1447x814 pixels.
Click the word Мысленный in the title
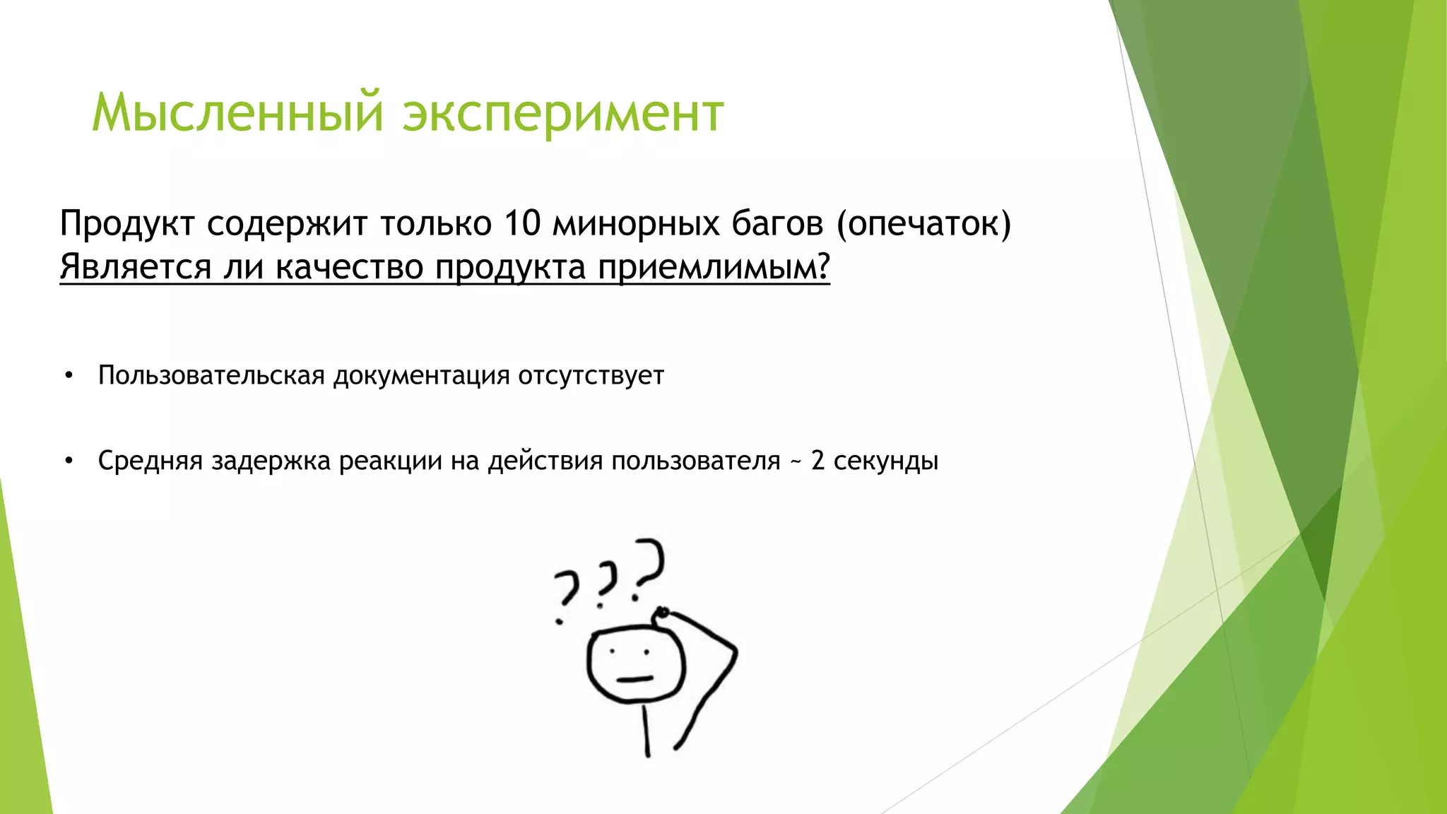(237, 113)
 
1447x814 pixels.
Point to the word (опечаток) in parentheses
(923, 224)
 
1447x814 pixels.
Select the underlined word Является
(136, 268)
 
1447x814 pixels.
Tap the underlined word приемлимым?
(714, 268)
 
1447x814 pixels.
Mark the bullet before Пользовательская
(69, 376)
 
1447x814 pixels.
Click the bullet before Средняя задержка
(69, 461)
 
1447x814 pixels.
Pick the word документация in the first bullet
(422, 376)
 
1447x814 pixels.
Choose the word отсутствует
(591, 375)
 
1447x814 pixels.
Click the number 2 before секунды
(817, 461)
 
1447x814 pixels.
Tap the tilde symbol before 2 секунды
(796, 462)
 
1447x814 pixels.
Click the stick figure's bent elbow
(735, 651)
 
